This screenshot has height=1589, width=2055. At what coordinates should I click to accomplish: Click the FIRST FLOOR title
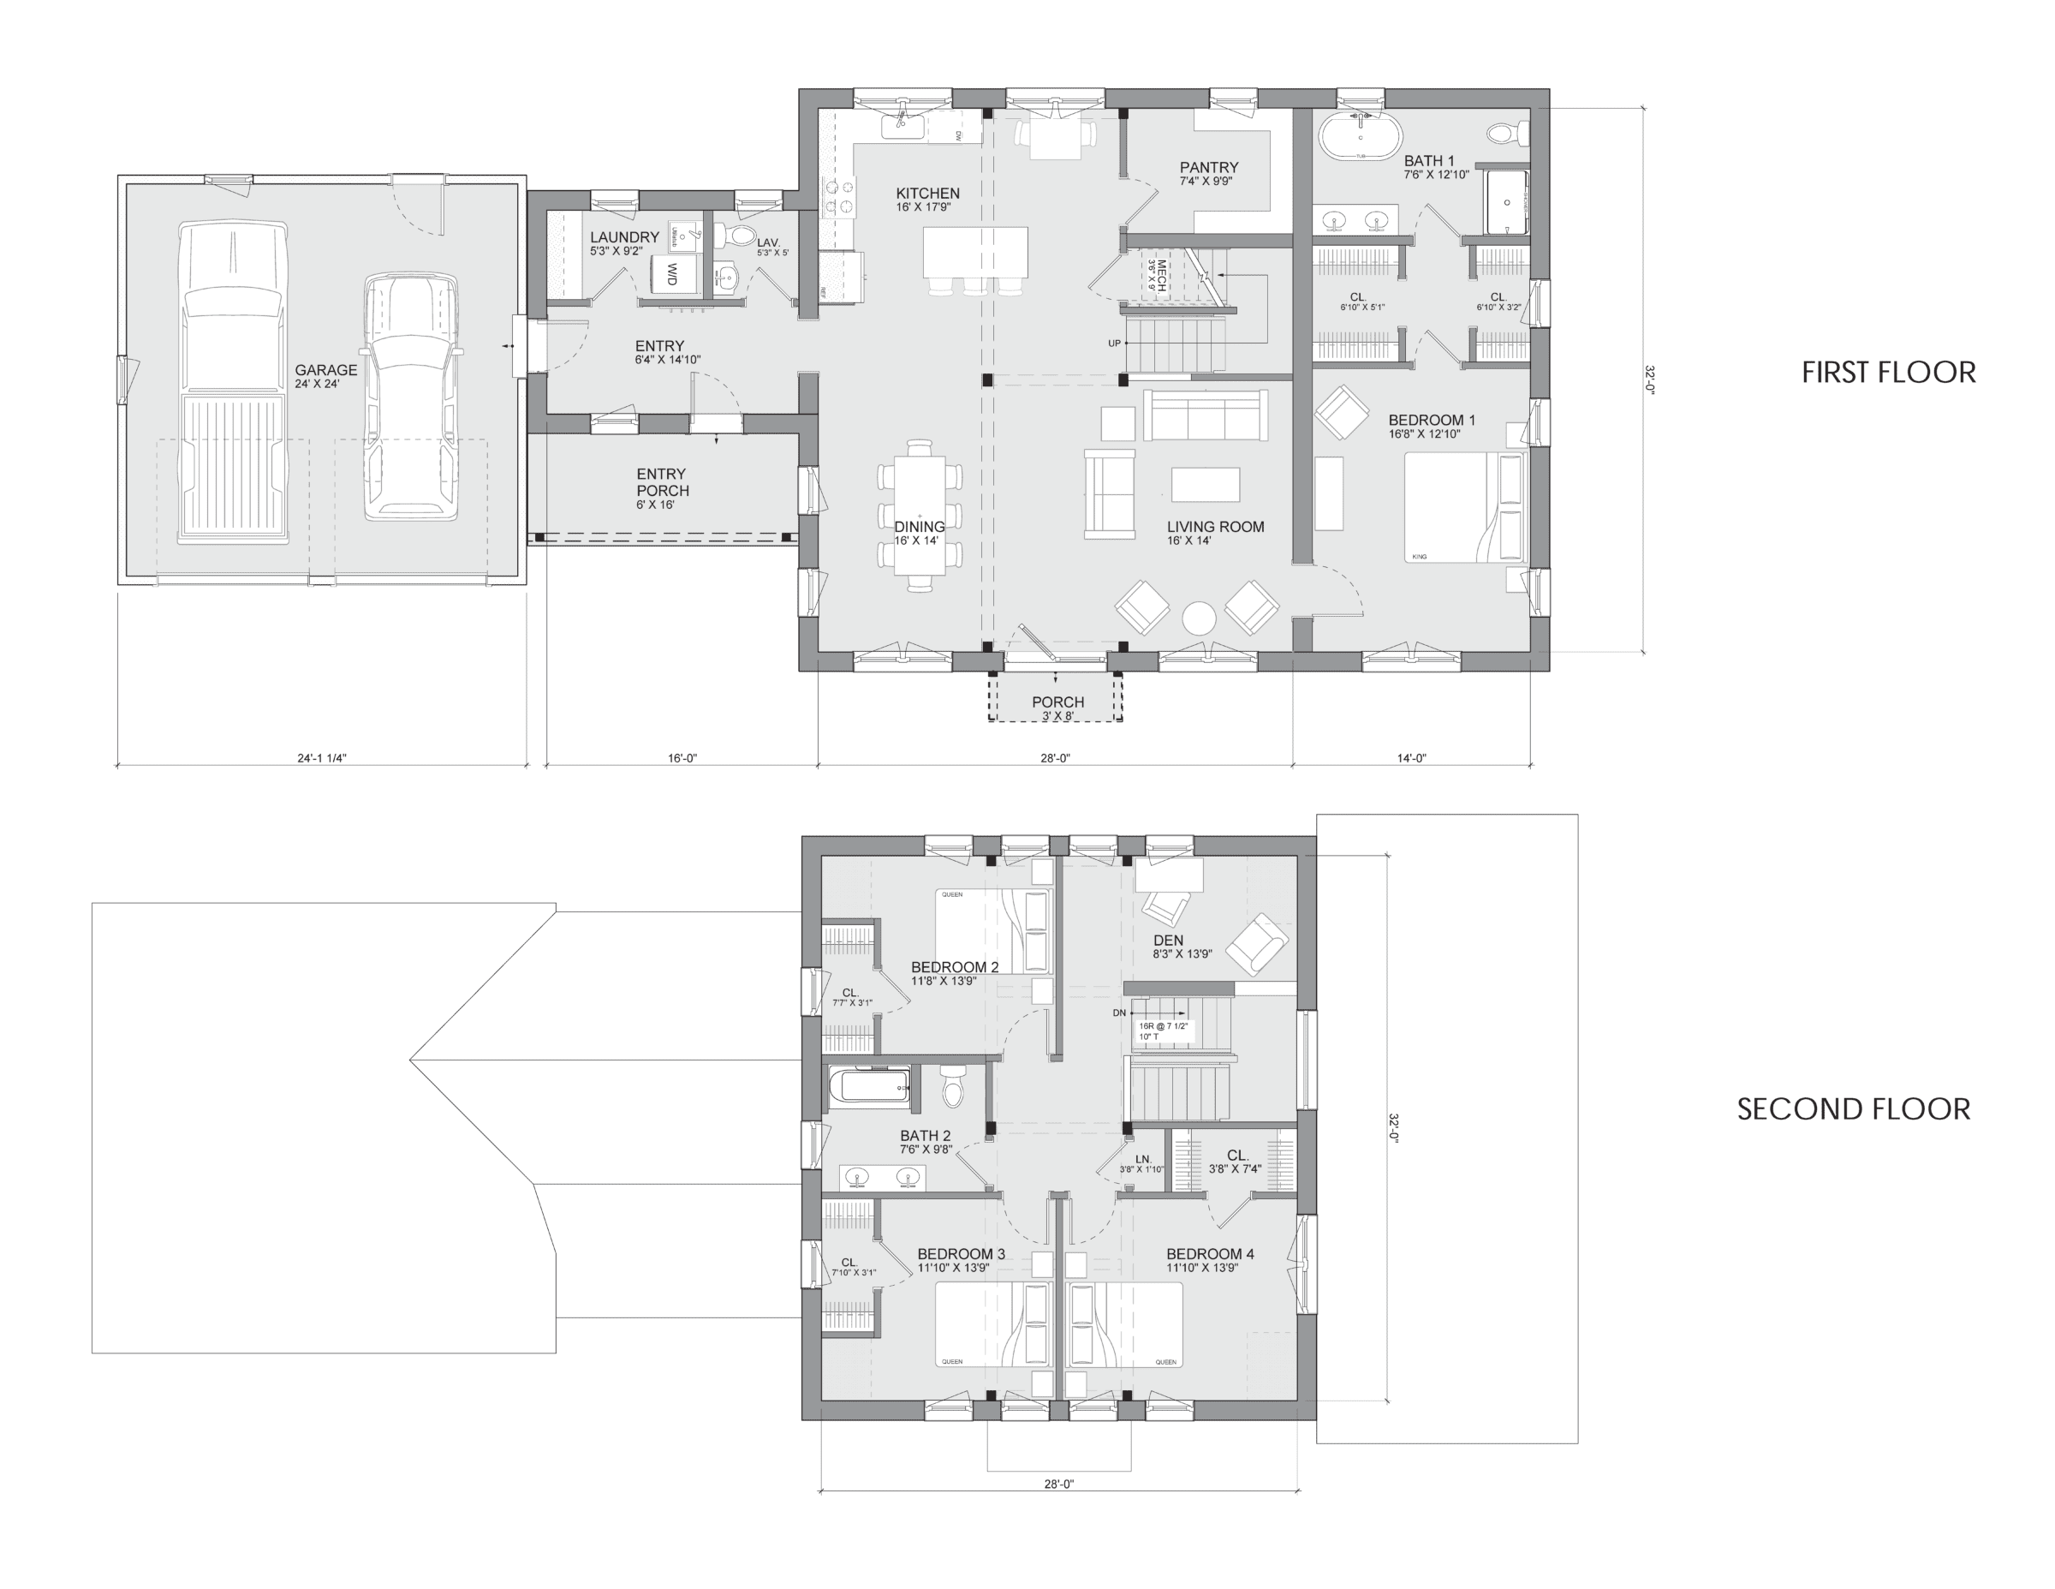1887,373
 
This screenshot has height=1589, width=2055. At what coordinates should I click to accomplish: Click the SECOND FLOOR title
1853,1109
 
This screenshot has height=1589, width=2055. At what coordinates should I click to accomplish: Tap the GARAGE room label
325,371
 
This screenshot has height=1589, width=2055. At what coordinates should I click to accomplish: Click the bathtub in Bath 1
1361,137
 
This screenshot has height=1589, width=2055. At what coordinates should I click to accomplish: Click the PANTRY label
1209,168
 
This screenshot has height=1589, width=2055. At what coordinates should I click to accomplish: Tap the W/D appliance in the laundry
672,275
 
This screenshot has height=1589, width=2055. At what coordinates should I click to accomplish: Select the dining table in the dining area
920,516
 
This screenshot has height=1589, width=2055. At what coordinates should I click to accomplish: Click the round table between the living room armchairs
1198,618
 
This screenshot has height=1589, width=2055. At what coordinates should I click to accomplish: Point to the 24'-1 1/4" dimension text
321,758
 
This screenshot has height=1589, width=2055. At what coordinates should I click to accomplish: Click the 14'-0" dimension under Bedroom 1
1410,758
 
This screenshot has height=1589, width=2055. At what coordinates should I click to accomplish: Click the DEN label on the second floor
1168,941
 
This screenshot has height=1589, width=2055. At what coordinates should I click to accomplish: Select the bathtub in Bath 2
869,1085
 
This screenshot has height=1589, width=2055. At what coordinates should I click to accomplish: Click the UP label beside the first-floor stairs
1114,343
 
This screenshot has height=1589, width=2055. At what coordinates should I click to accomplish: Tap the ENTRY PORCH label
662,482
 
